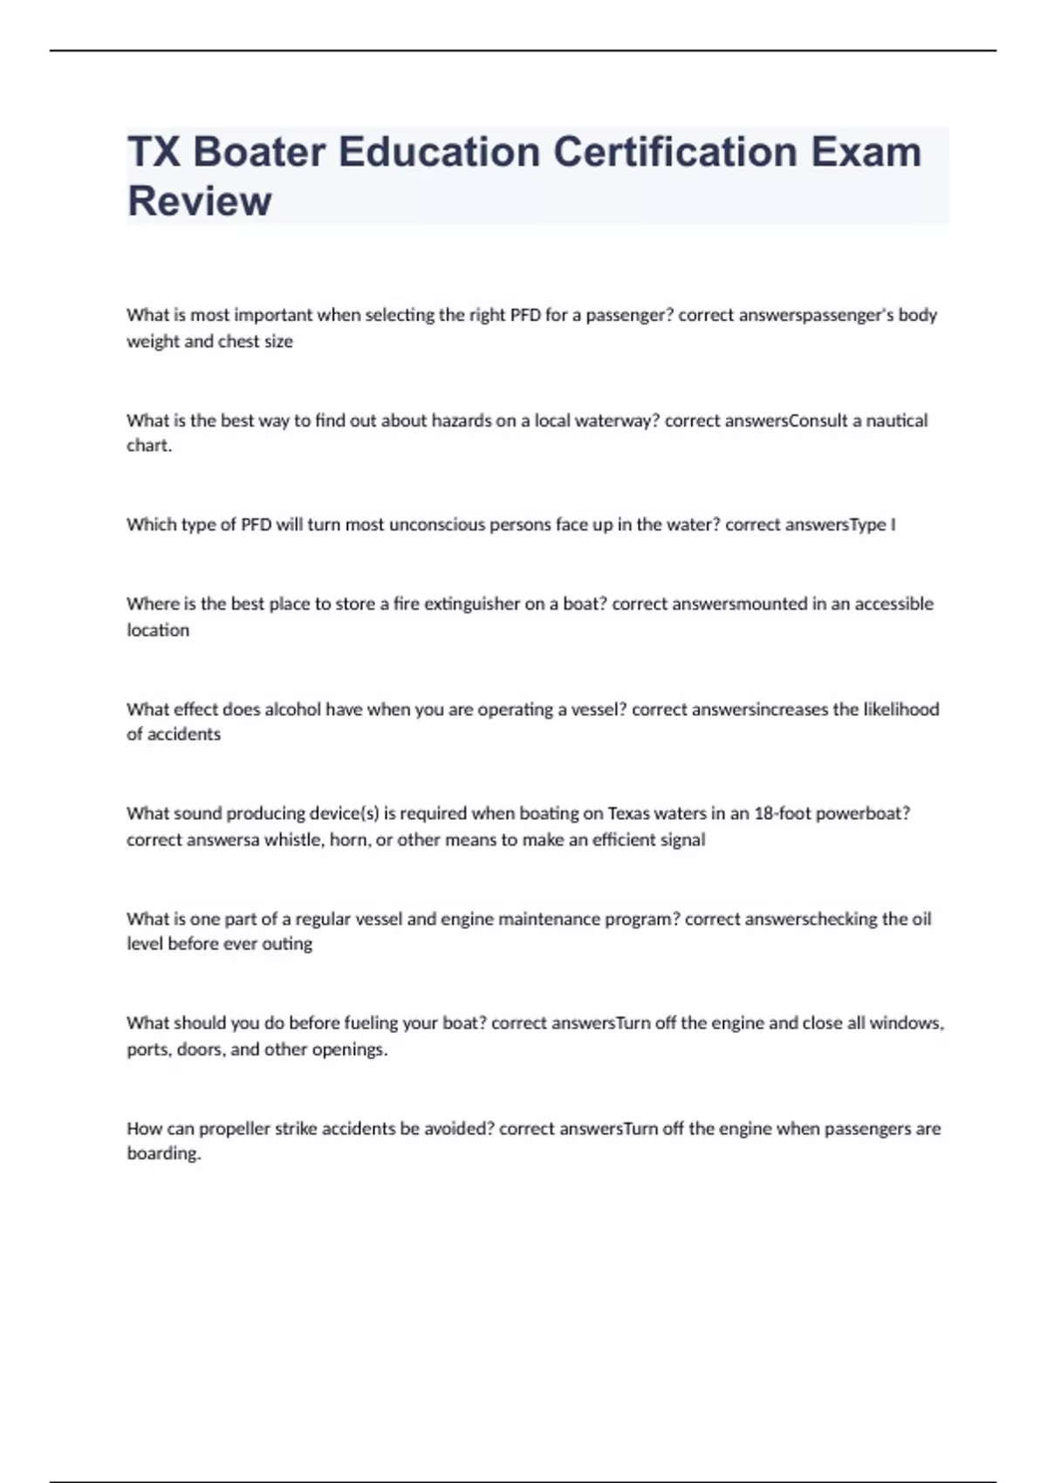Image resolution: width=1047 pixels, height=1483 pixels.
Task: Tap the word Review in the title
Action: click(x=200, y=201)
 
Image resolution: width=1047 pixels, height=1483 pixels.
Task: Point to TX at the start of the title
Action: click(x=154, y=152)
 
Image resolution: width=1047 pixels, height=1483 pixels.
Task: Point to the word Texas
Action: click(x=629, y=813)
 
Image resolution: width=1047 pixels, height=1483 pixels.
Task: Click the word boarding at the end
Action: click(x=163, y=1153)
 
